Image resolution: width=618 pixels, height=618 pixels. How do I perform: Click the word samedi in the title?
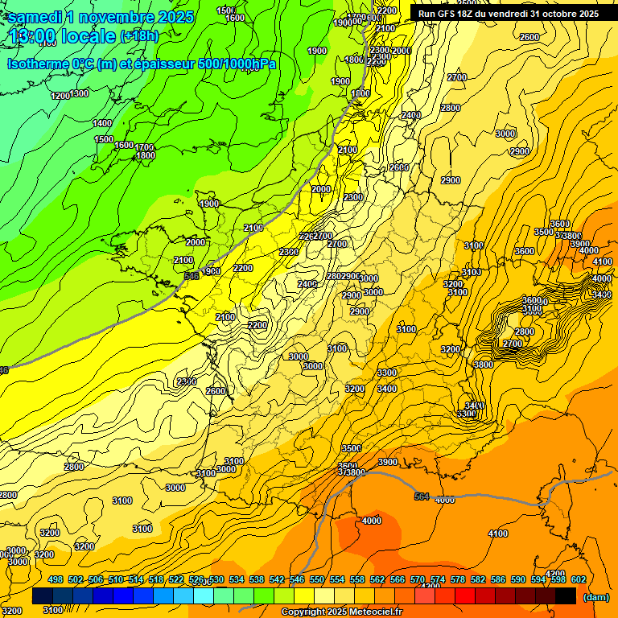33,16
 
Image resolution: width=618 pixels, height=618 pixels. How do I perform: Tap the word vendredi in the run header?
512,13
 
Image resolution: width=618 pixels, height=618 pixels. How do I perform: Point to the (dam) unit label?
595,597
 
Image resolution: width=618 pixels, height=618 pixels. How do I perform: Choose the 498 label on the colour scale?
56,579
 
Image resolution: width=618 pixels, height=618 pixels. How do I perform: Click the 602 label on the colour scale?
579,579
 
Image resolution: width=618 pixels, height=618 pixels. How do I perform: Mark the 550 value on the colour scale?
317,579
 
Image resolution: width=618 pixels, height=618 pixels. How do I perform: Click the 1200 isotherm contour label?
60,96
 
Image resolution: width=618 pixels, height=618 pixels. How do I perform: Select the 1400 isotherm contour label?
102,123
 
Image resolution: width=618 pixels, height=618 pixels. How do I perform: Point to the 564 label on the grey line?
422,496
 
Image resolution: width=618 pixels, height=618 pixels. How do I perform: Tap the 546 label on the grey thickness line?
192,276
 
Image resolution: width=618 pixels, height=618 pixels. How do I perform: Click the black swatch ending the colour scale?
566,596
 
